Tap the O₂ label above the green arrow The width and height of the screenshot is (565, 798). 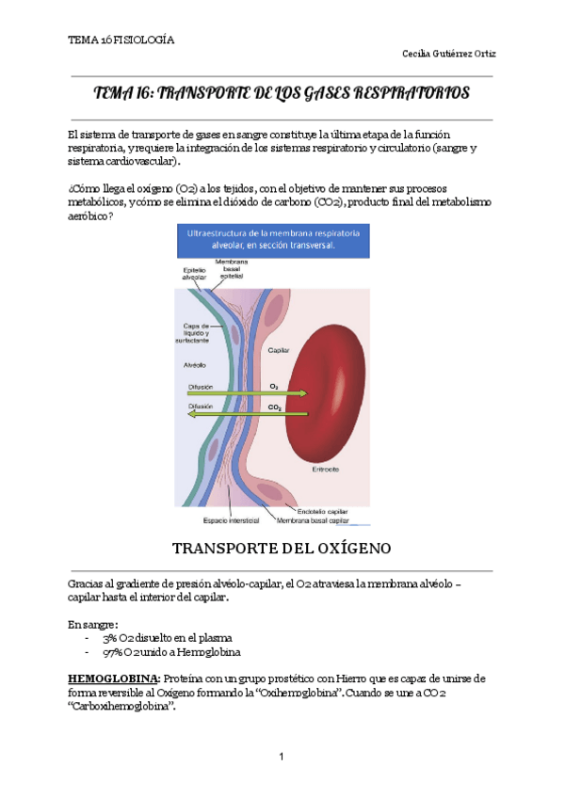pyautogui.click(x=274, y=386)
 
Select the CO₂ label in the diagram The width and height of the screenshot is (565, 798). pyautogui.click(x=274, y=407)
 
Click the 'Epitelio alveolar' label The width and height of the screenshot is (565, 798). pyautogui.click(x=193, y=272)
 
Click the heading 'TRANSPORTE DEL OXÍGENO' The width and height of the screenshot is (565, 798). pyautogui.click(x=282, y=549)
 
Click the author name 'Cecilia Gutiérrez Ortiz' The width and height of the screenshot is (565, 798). pyautogui.click(x=448, y=54)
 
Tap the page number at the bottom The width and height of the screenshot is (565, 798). pyautogui.click(x=282, y=757)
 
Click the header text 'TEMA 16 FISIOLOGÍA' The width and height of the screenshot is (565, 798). pyautogui.click(x=121, y=40)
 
